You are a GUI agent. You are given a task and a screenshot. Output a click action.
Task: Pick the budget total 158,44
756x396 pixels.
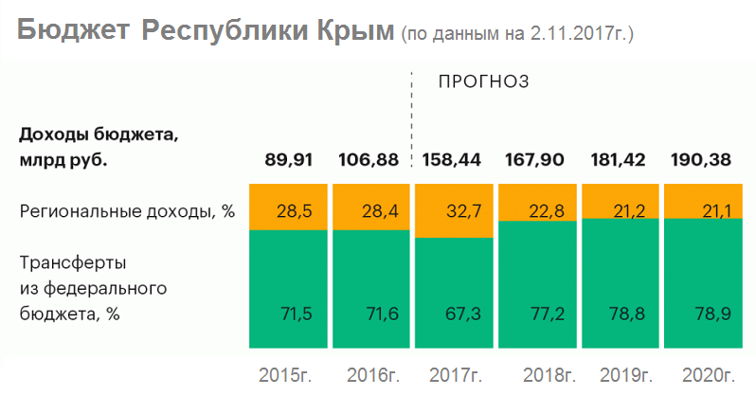pos(452,159)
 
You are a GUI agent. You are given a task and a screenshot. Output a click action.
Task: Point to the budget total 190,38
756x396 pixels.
pos(700,159)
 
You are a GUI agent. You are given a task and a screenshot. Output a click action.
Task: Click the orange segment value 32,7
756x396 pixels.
pos(453,210)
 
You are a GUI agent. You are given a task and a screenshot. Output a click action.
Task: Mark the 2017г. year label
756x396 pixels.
pos(455,374)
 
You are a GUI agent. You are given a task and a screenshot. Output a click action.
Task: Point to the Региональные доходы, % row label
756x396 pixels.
pos(127,210)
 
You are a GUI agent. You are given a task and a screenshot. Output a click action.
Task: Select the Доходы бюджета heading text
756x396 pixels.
pos(99,134)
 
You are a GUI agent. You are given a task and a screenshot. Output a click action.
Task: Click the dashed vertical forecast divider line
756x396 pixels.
pos(412,114)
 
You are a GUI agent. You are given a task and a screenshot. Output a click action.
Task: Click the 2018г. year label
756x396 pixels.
pos(537,374)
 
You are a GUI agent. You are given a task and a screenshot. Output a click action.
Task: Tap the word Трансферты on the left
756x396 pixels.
pos(73,261)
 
